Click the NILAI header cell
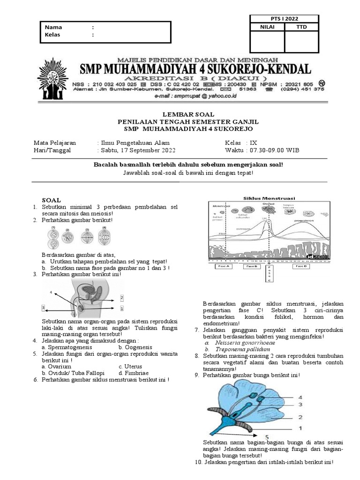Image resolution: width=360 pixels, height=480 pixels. point(268,27)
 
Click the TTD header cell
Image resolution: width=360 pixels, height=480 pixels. point(301,27)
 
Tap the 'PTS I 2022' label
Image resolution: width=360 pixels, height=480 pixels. point(285,19)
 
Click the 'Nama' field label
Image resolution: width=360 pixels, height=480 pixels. point(53,27)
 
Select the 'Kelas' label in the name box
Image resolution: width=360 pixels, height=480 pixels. point(53,35)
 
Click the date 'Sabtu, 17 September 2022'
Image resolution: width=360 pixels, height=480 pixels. point(136,150)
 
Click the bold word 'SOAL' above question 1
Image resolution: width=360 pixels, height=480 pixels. point(51,200)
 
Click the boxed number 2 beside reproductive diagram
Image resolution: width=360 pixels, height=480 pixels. point(122,298)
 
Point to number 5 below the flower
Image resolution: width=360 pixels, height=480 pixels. point(267,436)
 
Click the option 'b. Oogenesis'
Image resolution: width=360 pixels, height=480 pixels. point(135,347)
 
